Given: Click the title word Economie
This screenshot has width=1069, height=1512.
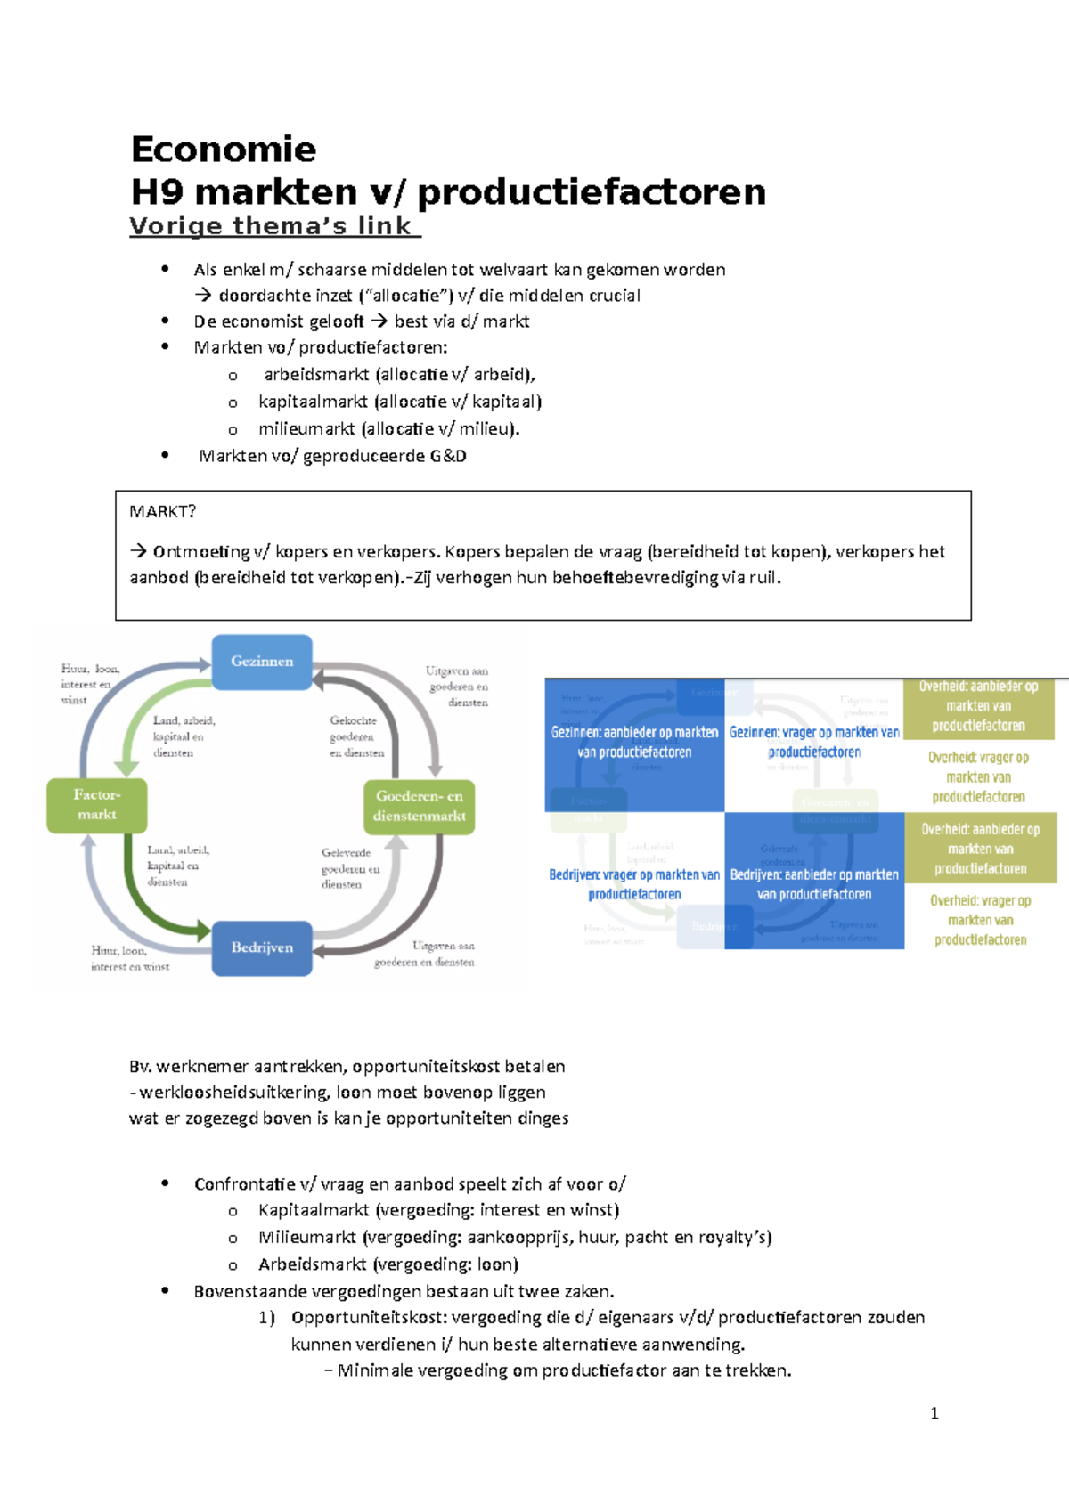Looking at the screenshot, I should (x=223, y=150).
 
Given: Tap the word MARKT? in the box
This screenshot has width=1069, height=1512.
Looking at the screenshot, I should (x=162, y=512).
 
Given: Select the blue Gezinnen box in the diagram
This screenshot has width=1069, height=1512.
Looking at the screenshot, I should (x=262, y=662).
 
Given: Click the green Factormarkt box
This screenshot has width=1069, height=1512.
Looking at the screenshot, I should (x=97, y=805).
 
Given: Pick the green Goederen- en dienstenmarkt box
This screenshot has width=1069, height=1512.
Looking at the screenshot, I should (x=419, y=807).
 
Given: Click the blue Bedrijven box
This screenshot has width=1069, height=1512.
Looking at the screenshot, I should (x=262, y=948).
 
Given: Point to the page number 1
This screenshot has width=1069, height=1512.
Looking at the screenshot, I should (x=934, y=1413).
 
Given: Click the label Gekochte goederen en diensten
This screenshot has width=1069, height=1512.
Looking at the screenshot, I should (x=355, y=736).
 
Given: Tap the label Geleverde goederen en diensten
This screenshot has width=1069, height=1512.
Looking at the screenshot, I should (x=349, y=868).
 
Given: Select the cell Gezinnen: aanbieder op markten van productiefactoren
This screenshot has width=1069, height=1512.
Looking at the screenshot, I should (x=634, y=743).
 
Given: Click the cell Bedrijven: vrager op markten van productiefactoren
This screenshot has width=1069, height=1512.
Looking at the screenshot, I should (x=634, y=884).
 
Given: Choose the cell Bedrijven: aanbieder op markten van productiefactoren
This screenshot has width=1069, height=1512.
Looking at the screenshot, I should (x=814, y=884).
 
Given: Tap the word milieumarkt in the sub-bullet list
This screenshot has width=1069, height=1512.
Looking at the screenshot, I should (x=306, y=429).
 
